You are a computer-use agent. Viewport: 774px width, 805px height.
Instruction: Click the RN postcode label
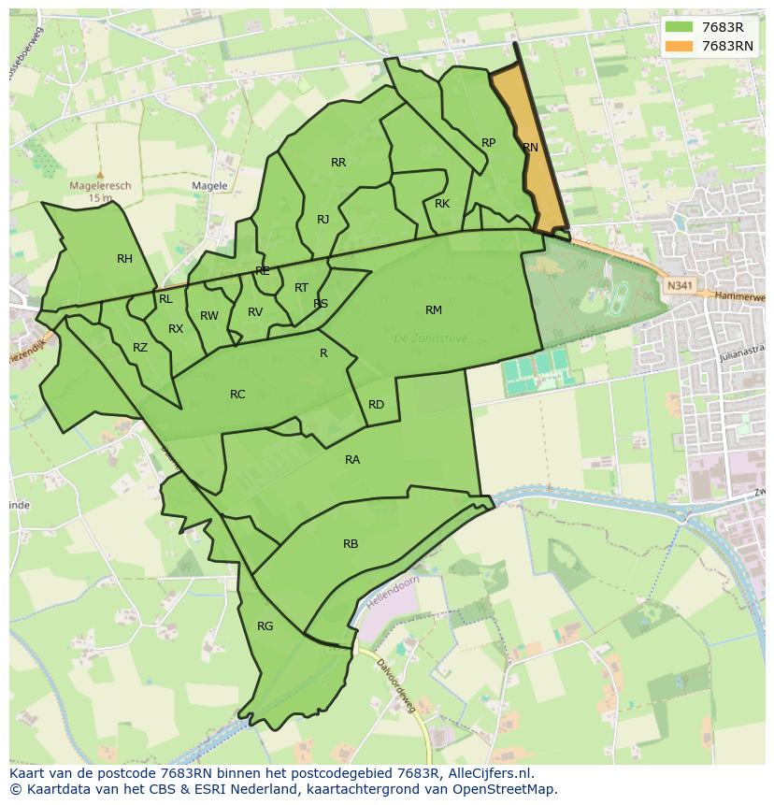click(x=530, y=148)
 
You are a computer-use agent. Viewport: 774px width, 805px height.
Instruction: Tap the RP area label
click(x=488, y=143)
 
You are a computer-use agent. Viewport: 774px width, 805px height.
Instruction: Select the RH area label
click(x=124, y=259)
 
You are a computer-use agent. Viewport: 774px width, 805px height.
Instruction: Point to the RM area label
click(x=433, y=310)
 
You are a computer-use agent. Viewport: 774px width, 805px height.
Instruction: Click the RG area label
click(x=265, y=626)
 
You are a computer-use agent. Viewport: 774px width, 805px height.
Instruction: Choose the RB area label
click(x=351, y=544)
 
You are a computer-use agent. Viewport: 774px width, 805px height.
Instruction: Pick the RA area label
click(x=351, y=460)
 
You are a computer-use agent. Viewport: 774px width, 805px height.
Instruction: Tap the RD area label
click(x=376, y=405)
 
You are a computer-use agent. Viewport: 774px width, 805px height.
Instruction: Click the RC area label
click(x=237, y=395)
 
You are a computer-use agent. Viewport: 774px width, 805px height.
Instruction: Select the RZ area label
click(x=140, y=348)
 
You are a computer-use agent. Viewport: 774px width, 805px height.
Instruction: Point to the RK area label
click(x=442, y=204)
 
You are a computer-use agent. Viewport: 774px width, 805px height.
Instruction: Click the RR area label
click(x=338, y=163)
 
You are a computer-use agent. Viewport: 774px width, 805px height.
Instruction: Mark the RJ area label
click(x=322, y=220)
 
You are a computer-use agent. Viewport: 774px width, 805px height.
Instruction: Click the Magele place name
click(x=209, y=186)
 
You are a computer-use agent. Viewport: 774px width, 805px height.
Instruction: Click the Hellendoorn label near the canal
click(x=393, y=594)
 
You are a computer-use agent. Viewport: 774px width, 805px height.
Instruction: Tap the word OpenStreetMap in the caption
click(x=506, y=789)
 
